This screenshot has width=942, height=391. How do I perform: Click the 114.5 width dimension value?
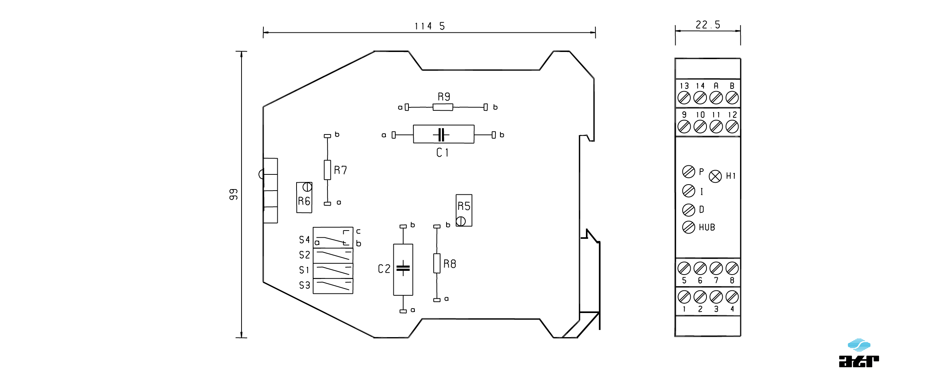coord(430,26)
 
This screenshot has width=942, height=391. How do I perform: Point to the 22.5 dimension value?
coord(708,25)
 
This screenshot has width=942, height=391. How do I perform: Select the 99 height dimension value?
coord(234,194)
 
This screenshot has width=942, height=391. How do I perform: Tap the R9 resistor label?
coord(444,97)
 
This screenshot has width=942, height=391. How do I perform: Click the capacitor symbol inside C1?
coord(442,134)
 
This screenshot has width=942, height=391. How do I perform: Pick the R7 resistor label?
coord(341,170)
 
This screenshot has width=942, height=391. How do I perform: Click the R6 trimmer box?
coord(304,197)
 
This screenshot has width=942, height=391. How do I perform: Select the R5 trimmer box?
coord(464,210)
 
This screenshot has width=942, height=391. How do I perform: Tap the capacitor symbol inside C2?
coord(403,268)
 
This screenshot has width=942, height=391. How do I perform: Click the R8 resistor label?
coord(450,264)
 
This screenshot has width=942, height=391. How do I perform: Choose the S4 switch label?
coord(304,240)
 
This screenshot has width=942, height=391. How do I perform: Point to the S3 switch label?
coord(304,286)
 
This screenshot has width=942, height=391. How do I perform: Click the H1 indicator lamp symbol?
coord(715,176)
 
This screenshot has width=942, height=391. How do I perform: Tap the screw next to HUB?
coord(689,227)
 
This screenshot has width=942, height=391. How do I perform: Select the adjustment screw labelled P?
coord(689,172)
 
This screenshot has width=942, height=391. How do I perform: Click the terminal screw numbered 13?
coord(684,98)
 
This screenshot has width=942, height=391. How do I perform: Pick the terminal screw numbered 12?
coord(732,127)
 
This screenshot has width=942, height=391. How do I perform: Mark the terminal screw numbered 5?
coord(684,269)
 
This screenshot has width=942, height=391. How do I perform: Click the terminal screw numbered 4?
coord(732,297)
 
